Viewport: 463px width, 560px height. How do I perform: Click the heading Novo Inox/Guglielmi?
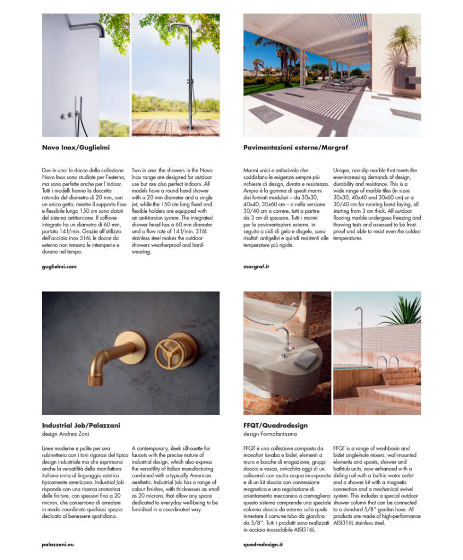click(x=79, y=147)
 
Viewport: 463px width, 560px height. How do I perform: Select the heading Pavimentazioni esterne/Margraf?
click(x=296, y=147)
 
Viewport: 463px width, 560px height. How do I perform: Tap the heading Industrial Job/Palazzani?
click(x=81, y=424)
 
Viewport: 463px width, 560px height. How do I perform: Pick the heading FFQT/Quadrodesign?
click(x=275, y=425)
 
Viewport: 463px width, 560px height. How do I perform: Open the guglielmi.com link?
click(x=59, y=266)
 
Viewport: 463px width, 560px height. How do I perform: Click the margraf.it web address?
click(x=256, y=266)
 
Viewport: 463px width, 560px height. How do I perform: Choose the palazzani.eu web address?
click(x=58, y=544)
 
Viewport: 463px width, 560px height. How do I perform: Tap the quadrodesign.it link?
click(x=263, y=544)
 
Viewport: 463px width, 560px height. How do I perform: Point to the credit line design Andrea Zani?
click(x=65, y=434)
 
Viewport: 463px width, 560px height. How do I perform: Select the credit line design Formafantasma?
click(x=270, y=434)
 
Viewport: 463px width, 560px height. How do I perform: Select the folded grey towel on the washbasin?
click(x=305, y=358)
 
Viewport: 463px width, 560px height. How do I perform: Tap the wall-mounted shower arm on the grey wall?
click(x=88, y=27)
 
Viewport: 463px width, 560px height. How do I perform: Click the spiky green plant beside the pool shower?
click(x=406, y=312)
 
